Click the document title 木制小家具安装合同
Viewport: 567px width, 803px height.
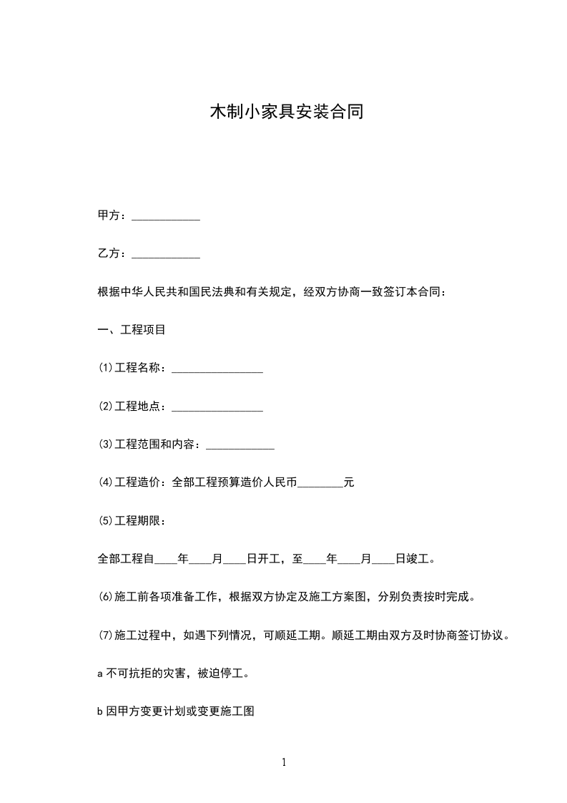click(286, 112)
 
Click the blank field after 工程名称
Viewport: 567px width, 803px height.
click(217, 369)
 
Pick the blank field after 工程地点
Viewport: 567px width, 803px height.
click(217, 407)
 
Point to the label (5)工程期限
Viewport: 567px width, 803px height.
click(132, 520)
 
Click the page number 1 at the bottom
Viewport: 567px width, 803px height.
click(284, 762)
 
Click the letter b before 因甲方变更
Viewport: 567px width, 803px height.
click(100, 712)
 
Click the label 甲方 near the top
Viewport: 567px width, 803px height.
click(109, 215)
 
